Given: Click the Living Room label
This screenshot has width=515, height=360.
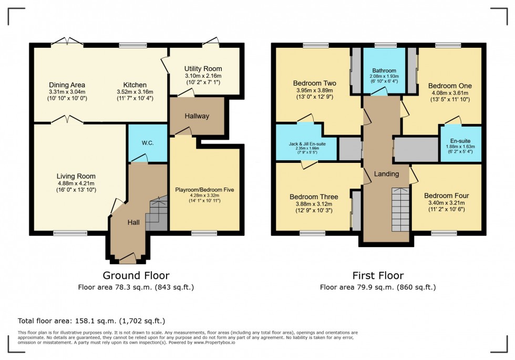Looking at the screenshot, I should coord(76,177).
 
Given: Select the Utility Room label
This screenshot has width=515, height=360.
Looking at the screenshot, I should coord(203,69).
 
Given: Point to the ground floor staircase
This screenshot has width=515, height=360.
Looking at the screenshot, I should coord(156,214).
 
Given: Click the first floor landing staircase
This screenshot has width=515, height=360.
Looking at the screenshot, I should coord(400,210).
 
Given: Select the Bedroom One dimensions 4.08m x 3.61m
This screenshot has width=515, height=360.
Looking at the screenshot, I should coord(450,94).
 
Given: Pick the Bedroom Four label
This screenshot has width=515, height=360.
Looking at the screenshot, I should coord(447,196).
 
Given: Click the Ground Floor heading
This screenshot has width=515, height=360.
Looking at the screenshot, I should coord(136,275).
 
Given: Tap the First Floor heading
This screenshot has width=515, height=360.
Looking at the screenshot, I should coord(378,275).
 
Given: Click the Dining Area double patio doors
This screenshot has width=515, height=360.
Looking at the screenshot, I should coord(67,42).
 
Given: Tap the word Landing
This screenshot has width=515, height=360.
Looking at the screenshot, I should coord(386,174).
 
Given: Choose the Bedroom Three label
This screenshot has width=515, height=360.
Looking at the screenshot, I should coord(314,197).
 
